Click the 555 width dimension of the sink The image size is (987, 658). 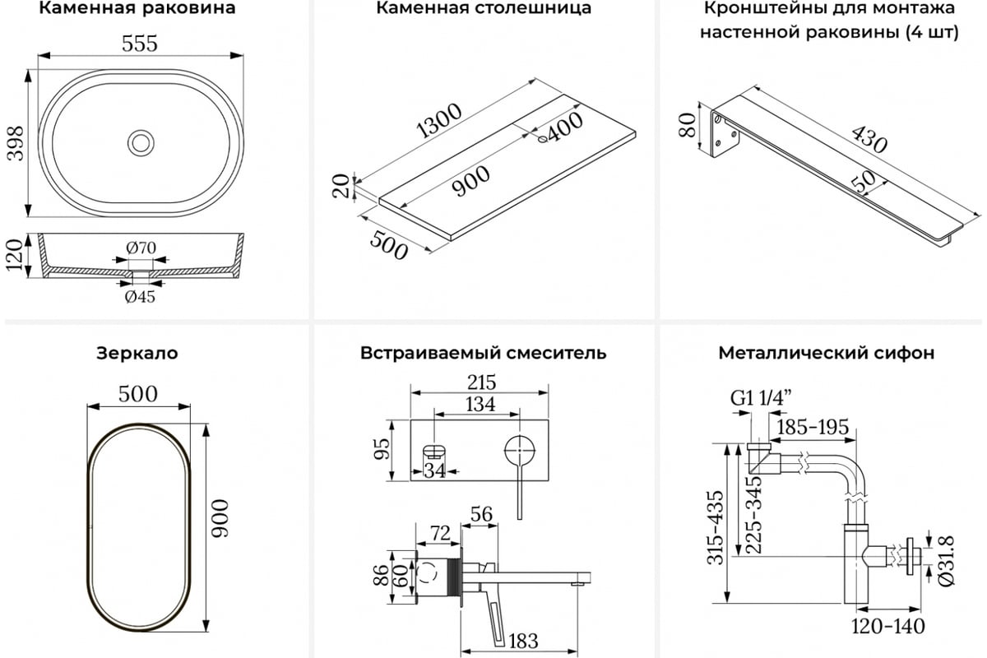140,44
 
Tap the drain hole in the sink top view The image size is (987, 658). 141,142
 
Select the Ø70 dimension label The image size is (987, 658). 141,247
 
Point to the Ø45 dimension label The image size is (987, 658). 140,297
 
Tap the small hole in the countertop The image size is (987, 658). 542,140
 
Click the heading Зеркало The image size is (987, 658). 137,354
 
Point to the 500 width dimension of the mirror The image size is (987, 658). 137,393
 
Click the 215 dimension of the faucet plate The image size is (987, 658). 480,382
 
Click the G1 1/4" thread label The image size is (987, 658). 761,399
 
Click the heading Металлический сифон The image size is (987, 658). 826,354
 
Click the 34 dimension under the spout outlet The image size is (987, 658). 434,470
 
